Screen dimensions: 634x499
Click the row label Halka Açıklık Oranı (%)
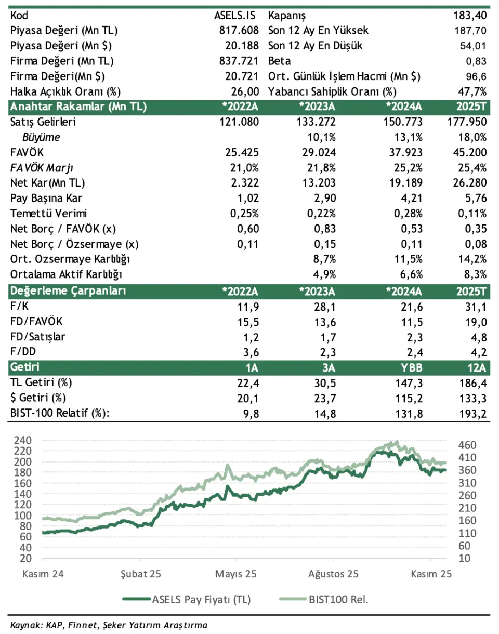65,92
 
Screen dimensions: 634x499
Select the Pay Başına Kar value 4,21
410,199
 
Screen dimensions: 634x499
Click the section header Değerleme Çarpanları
68,290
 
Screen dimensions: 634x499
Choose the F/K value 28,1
325,306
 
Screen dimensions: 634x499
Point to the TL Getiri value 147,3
408,382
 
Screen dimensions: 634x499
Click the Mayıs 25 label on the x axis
236,575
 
